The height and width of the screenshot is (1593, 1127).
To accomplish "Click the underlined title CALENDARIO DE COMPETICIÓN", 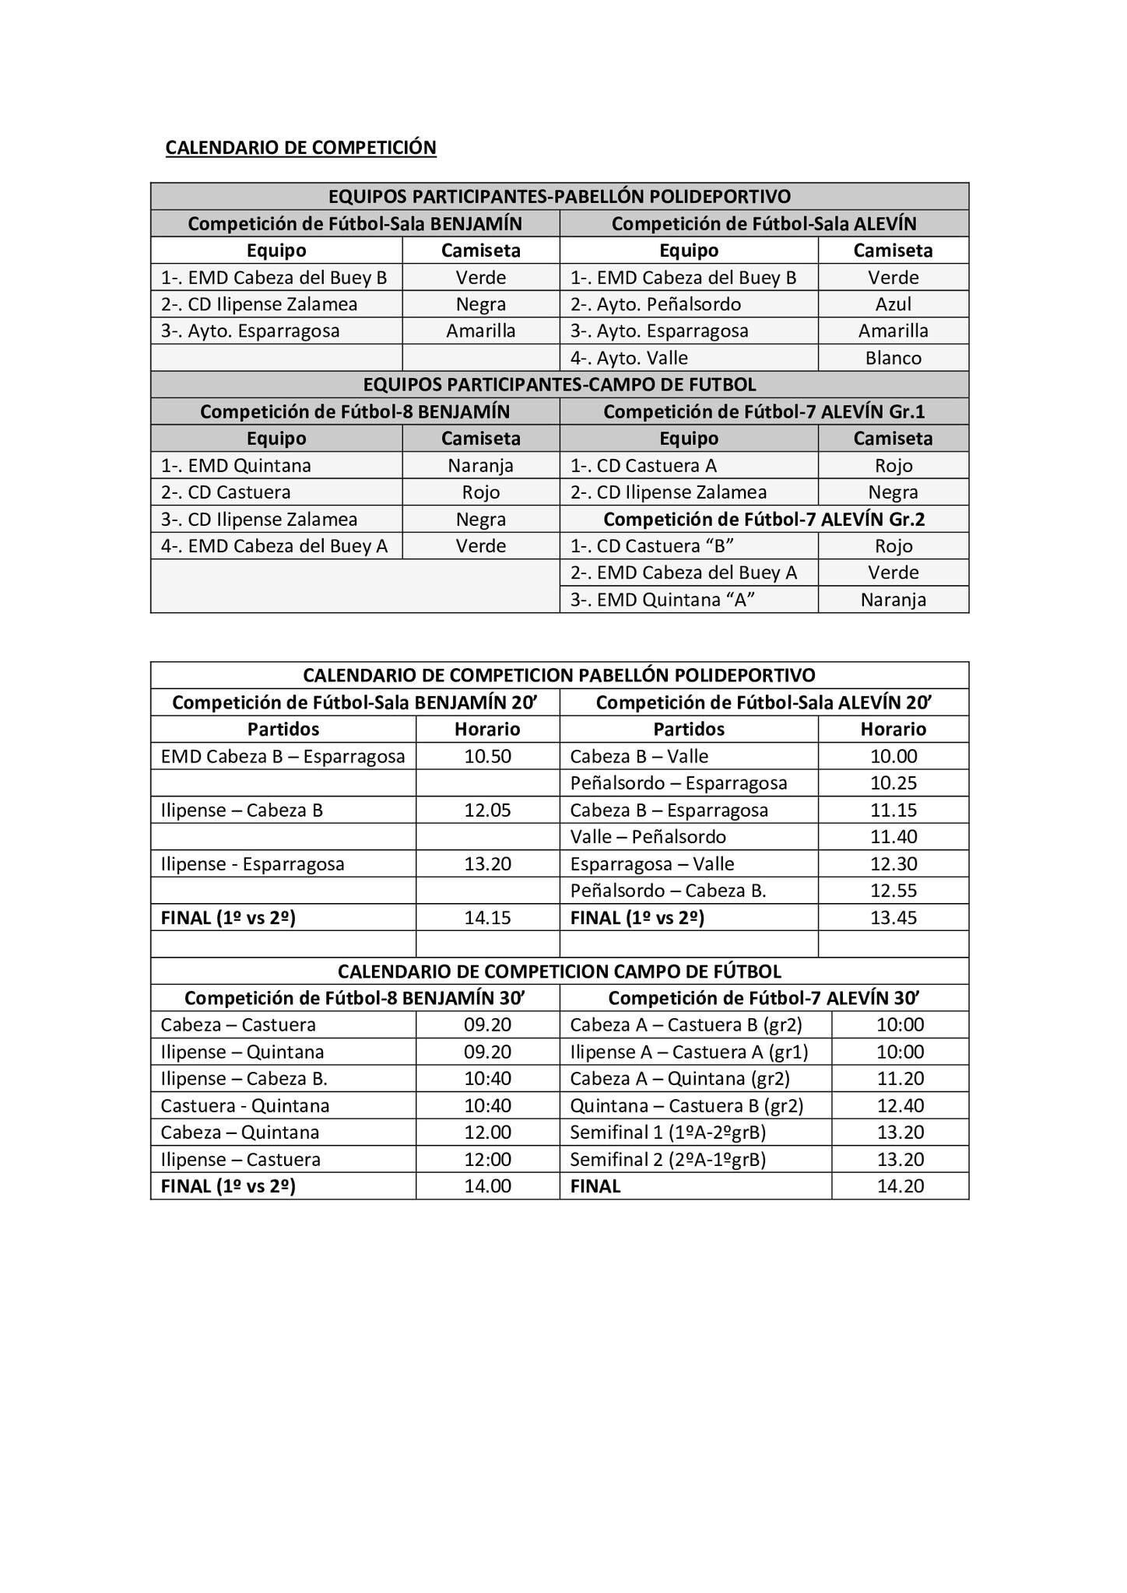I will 300,147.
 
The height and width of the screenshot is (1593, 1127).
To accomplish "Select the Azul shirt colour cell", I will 893,304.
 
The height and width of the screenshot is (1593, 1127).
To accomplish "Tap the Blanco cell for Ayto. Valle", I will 893,358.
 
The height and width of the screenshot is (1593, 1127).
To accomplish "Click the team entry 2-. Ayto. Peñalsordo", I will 655,304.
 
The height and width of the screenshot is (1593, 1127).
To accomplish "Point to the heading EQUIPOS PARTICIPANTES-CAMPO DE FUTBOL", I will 559,384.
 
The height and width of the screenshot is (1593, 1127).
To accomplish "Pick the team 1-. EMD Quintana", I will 236,465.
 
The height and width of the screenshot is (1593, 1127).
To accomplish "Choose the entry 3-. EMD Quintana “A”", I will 662,600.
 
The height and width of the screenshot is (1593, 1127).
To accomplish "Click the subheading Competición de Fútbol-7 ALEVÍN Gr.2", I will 764,519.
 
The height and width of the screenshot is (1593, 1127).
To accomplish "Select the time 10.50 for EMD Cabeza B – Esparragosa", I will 487,756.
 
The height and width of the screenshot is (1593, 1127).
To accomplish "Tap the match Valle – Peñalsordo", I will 648,837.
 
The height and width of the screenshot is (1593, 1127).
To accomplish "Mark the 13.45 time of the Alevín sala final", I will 893,917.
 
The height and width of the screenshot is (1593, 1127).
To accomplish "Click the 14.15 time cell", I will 487,917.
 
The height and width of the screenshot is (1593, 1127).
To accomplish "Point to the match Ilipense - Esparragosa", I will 252,863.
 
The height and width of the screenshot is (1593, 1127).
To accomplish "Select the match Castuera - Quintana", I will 245,1105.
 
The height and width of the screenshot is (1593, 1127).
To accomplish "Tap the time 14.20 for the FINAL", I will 900,1185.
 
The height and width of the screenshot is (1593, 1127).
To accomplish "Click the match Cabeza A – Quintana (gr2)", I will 679,1078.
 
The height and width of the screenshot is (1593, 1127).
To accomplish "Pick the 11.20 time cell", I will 900,1078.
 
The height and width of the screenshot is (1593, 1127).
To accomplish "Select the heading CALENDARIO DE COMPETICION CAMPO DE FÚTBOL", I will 559,971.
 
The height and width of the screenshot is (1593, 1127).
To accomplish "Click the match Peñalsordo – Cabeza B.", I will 668,891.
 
